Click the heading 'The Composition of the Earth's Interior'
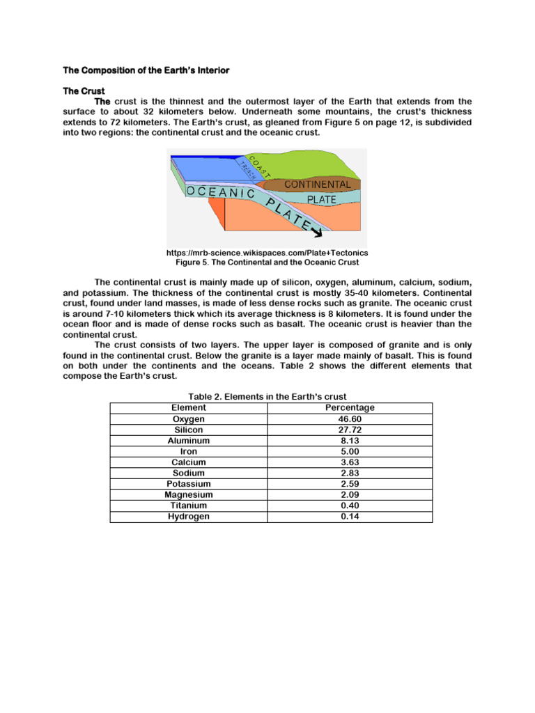(146, 70)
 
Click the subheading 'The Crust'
(84, 91)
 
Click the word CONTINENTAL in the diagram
(316, 185)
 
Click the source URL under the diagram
(267, 252)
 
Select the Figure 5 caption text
(267, 263)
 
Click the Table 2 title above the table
(267, 397)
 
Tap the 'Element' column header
(188, 407)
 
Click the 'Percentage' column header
(350, 407)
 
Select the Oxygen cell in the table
(188, 419)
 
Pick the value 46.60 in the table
(350, 419)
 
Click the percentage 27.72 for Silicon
(350, 430)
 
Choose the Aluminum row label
(188, 441)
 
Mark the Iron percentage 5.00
(350, 451)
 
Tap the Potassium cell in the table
(188, 484)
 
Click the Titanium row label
(188, 506)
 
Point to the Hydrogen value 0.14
(350, 517)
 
